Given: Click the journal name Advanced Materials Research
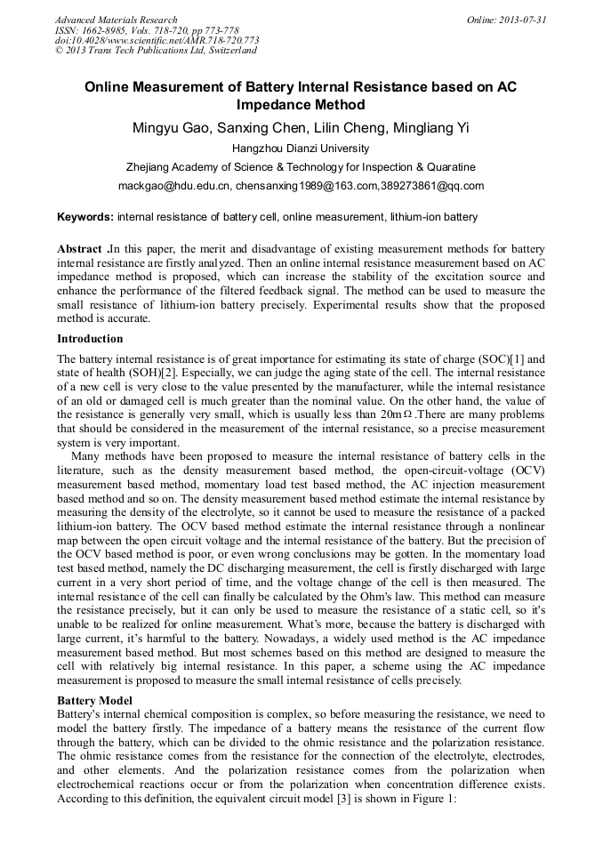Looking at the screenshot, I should [x=116, y=20].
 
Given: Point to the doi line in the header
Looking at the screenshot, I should [x=157, y=40].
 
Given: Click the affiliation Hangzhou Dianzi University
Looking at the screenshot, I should [x=301, y=148].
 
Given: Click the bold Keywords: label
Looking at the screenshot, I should [x=85, y=217].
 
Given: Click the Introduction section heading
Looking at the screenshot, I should [x=90, y=339].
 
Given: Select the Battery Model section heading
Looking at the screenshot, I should [x=95, y=701].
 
